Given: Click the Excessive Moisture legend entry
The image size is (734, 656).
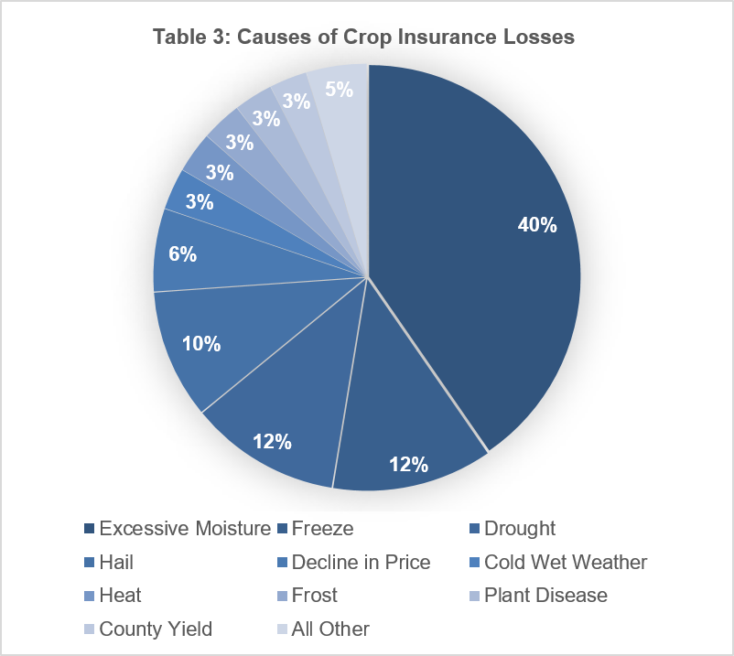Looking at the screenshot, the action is point(178,528).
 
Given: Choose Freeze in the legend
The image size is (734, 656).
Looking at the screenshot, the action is point(316,528).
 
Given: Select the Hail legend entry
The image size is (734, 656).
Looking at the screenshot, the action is point(109,562).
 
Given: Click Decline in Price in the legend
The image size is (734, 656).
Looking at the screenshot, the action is point(354,562).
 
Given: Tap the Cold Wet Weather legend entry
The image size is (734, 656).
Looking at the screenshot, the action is point(558,562).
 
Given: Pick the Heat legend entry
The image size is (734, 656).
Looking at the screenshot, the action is point(113,596).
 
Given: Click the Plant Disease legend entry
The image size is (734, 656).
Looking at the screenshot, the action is point(539,596).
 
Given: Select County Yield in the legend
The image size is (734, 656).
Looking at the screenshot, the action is point(148,629).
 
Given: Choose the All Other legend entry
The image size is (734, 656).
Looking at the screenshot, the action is point(323,629).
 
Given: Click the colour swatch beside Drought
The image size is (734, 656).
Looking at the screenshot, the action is point(475,529).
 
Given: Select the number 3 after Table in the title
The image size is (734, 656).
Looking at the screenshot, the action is point(219,37).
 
